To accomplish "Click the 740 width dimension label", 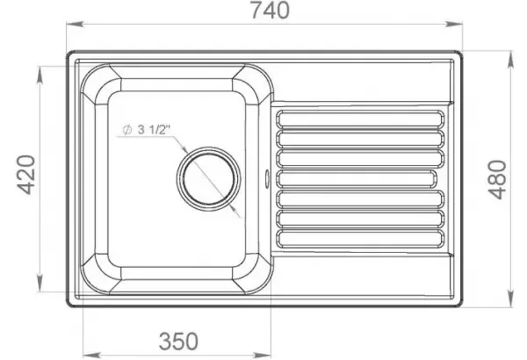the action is click(270, 11).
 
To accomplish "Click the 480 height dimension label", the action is click(497, 179).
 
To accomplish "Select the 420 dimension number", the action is click(26, 175).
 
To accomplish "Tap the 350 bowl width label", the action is click(178, 342).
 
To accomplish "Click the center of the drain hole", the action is click(208, 178).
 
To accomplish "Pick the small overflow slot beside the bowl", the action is click(268, 177).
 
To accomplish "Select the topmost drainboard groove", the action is click(360, 119).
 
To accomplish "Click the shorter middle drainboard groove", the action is click(357, 178).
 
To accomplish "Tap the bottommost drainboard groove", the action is click(360, 238).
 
